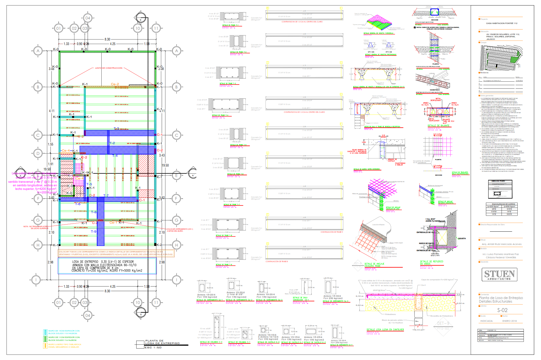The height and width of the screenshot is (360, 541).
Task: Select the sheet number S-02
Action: click(x=502, y=310)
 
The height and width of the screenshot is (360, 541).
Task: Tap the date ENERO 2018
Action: click(x=510, y=321)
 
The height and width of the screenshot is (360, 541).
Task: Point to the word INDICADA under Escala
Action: click(x=486, y=321)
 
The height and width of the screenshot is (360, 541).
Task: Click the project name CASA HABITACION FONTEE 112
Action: click(x=502, y=23)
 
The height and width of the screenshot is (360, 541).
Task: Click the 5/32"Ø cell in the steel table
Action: click(x=509, y=214)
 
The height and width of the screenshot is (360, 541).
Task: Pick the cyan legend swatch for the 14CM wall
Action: click(x=45, y=332)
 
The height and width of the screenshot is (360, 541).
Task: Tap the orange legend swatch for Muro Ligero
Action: click(x=45, y=346)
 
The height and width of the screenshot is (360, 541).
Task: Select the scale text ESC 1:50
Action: click(x=153, y=347)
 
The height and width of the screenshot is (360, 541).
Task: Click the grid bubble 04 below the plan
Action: click(x=87, y=315)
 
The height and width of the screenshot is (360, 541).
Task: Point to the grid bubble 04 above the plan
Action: click(x=87, y=18)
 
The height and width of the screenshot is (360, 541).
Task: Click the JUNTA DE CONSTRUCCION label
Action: click(x=108, y=68)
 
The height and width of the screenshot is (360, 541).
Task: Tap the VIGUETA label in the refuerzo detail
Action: click(x=462, y=238)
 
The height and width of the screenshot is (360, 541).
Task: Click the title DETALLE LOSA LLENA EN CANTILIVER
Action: click(x=385, y=330)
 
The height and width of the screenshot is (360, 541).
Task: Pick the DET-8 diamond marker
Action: click(x=357, y=263)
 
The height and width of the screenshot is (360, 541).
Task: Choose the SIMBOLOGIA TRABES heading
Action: click(x=498, y=181)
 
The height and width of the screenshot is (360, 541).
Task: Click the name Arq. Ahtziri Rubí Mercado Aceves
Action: click(x=502, y=244)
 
